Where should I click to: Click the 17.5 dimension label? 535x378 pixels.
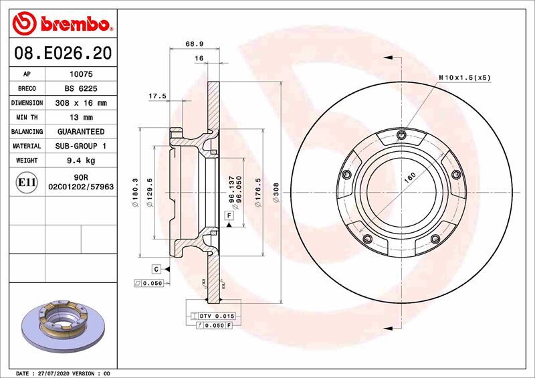click(157, 96)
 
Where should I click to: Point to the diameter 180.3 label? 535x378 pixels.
click(135, 193)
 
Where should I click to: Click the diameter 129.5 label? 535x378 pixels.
click(152, 193)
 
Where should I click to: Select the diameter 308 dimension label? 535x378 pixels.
click(276, 193)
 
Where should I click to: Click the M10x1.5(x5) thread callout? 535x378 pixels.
click(465, 78)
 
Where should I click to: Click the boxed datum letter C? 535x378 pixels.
click(156, 269)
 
